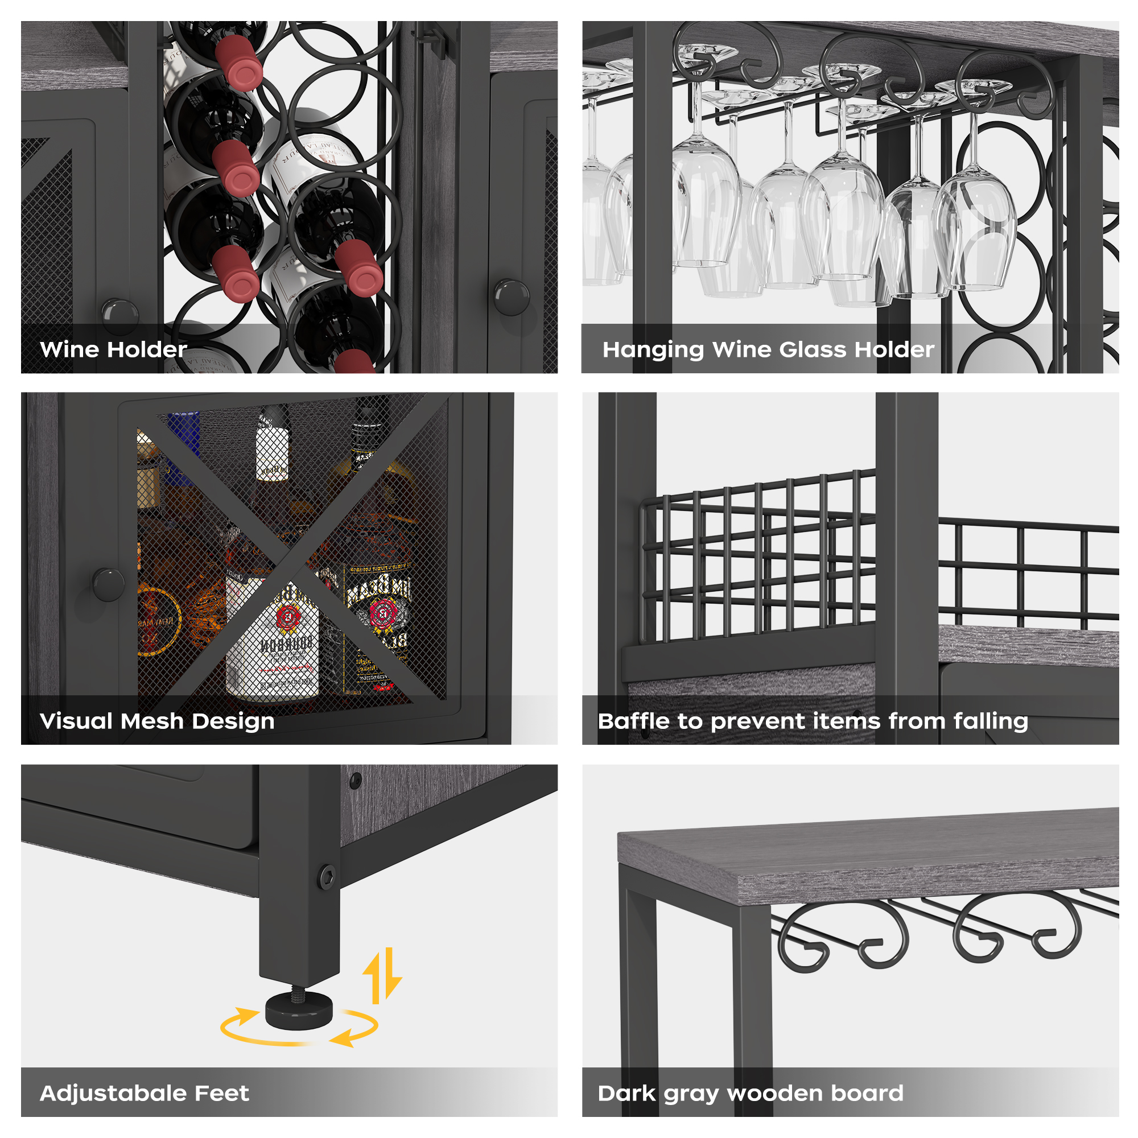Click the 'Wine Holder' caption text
(x=113, y=349)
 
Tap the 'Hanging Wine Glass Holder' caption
(x=768, y=349)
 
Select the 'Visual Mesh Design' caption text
(x=156, y=721)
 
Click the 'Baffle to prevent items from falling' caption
(x=813, y=721)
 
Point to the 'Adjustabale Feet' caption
(x=145, y=1093)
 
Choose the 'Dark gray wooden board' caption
(x=750, y=1093)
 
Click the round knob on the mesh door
(x=108, y=584)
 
